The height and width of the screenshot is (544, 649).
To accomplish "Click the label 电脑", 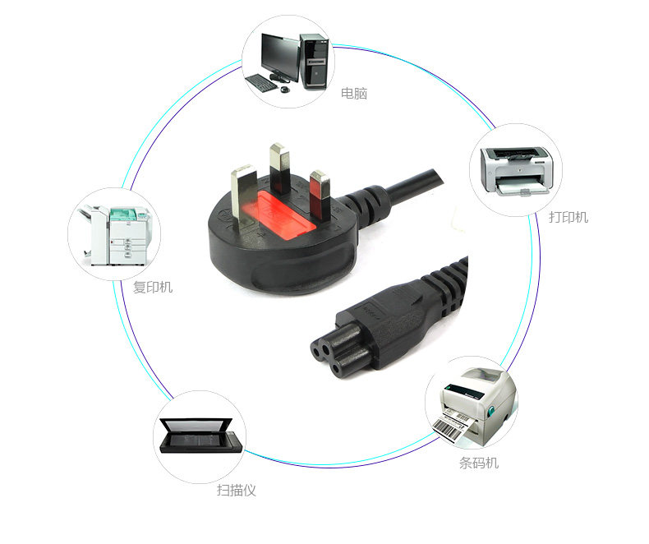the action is [354, 94].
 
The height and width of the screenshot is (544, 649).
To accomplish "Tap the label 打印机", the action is [568, 218].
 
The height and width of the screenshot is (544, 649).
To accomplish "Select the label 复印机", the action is [153, 288].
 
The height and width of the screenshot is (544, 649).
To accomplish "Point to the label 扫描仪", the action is [237, 491].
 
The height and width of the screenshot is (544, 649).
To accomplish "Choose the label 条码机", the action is [478, 463].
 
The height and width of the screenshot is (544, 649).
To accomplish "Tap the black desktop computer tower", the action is [314, 59].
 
